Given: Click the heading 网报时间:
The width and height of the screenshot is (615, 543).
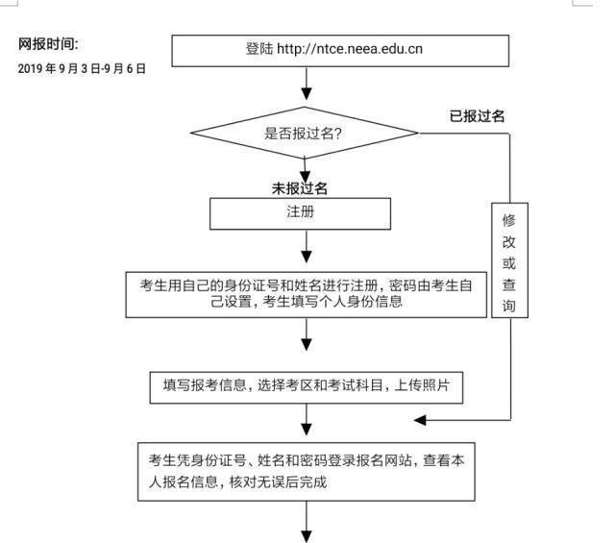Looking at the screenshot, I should tap(49, 44).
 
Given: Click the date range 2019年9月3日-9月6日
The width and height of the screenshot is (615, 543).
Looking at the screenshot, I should tap(82, 69).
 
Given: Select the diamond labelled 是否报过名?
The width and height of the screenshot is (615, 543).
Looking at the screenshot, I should tap(305, 134).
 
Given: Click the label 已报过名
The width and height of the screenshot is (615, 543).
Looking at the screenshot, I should tap(478, 115).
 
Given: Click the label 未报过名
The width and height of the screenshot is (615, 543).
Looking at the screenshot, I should tap(306, 187).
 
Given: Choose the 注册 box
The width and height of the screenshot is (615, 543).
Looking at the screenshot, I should tap(300, 213).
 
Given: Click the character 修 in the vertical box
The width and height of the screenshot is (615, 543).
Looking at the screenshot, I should tap(509, 220).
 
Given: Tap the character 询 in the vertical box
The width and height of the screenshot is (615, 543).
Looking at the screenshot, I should tap(509, 307).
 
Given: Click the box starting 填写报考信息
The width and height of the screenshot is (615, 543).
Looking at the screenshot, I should tap(307, 385).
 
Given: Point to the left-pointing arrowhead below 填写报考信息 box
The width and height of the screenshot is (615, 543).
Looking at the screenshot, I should tap(421, 420).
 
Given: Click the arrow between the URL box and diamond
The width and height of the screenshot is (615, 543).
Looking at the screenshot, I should tap(307, 88).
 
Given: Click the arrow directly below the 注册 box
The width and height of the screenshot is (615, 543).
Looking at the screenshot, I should tap(307, 252).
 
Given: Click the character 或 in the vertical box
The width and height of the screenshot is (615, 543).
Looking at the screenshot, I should tap(509, 263).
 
